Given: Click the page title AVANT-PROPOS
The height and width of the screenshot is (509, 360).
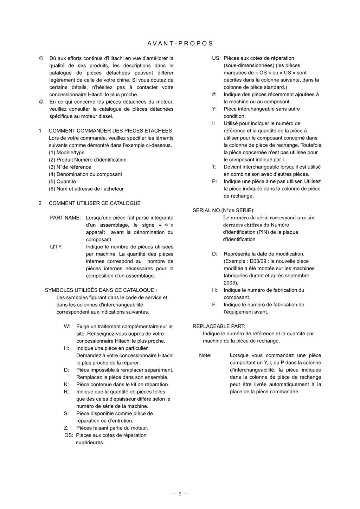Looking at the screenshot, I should (x=180, y=44).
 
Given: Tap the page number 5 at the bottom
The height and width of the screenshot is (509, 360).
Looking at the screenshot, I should (x=180, y=494).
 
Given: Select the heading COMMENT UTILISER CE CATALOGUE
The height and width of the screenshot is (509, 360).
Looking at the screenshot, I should (x=95, y=203).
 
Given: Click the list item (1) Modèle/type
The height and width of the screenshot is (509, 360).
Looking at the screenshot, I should (x=67, y=153).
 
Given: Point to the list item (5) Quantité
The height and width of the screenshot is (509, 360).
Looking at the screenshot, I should (x=63, y=181).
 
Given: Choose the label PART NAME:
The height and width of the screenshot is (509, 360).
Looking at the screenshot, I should (x=65, y=218).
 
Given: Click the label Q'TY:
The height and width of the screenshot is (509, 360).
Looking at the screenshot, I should (x=56, y=247).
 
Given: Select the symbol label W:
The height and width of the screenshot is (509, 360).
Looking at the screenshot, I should (x=67, y=327).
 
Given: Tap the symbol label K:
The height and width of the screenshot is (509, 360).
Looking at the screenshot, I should (x=66, y=385).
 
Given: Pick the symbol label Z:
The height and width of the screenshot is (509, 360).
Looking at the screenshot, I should (x=66, y=428).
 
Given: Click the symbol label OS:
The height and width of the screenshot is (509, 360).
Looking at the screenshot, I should (x=69, y=435).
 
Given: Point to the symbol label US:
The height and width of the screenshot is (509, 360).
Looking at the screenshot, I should (x=216, y=58).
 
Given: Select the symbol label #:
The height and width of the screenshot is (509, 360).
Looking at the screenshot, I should (x=214, y=95).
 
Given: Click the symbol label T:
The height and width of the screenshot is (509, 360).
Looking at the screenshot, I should (x=214, y=167).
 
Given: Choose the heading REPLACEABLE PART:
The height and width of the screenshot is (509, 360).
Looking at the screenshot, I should (x=219, y=327).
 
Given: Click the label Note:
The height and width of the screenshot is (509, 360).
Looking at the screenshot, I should (x=205, y=355).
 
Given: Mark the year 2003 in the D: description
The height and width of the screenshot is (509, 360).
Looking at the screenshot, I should (x=230, y=283).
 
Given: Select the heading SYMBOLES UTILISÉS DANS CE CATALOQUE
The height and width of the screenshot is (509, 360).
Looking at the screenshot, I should (x=101, y=290).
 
